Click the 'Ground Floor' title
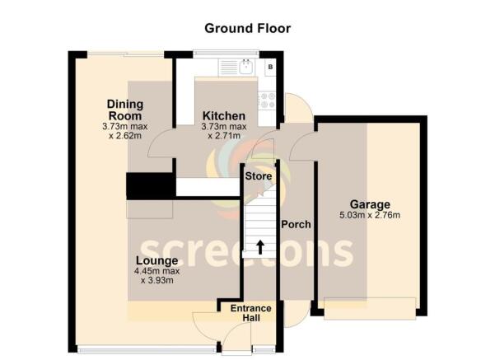click(x=247, y=28)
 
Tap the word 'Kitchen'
click(x=223, y=115)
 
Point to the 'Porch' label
click(x=295, y=224)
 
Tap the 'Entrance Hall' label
click(x=250, y=314)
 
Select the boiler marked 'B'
click(x=270, y=67)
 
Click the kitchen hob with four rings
click(x=267, y=100)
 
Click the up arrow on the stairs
click(x=260, y=246)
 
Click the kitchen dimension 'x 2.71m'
click(x=223, y=136)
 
